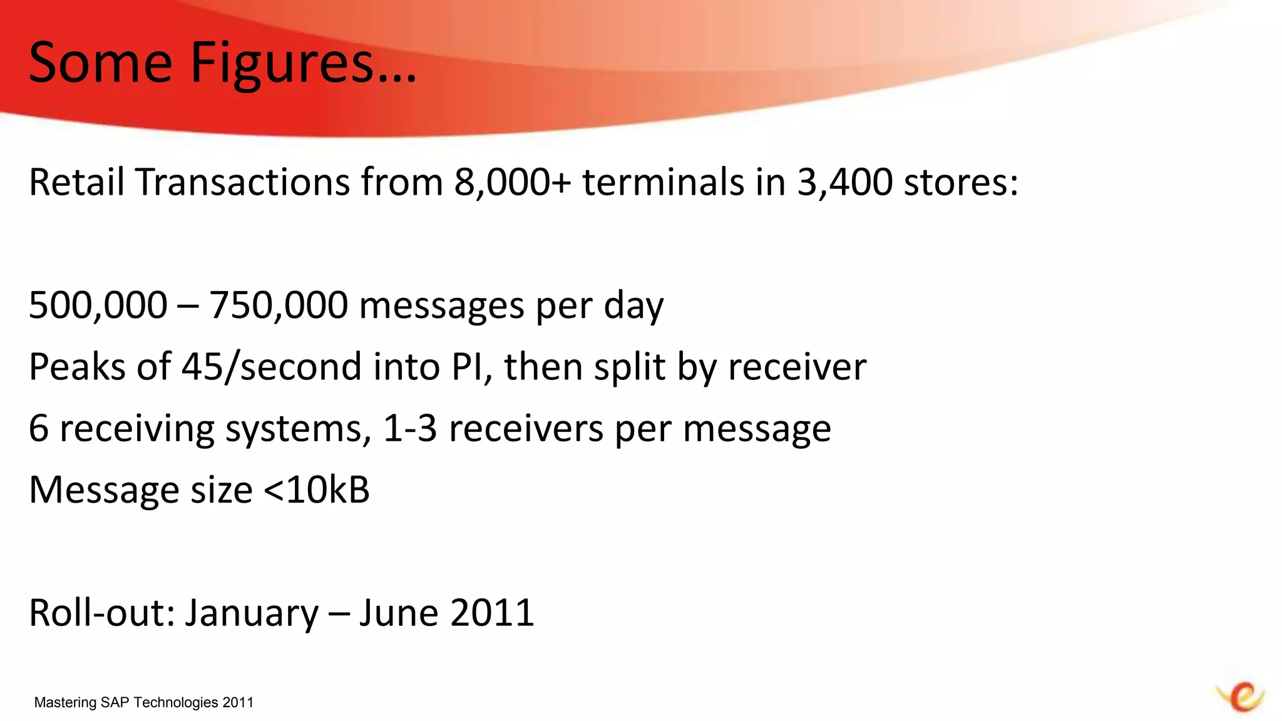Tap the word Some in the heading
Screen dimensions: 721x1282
[100, 63]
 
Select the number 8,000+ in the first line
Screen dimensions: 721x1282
[513, 182]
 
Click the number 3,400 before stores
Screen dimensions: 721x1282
[844, 182]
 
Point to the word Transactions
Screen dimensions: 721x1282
[243, 182]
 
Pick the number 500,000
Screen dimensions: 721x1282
[98, 305]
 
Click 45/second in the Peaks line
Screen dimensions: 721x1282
[272, 367]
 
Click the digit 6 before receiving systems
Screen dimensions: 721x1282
[39, 429]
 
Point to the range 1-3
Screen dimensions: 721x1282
[410, 429]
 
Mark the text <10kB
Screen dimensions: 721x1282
[317, 489]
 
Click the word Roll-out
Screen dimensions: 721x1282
[102, 613]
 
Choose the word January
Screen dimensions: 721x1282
[251, 614]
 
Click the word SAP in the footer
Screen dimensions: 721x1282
[115, 702]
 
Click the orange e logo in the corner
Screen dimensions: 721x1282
[1241, 696]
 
